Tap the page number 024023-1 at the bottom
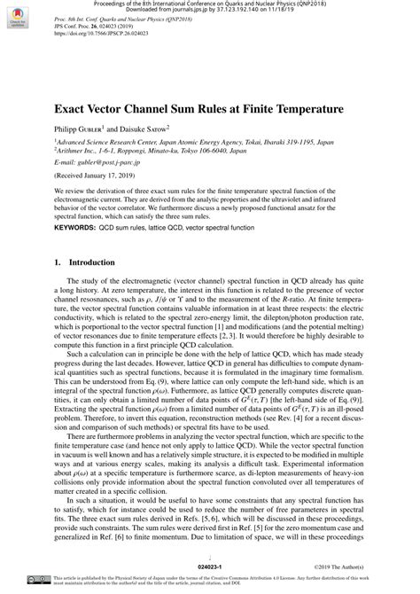pos(209,565)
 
